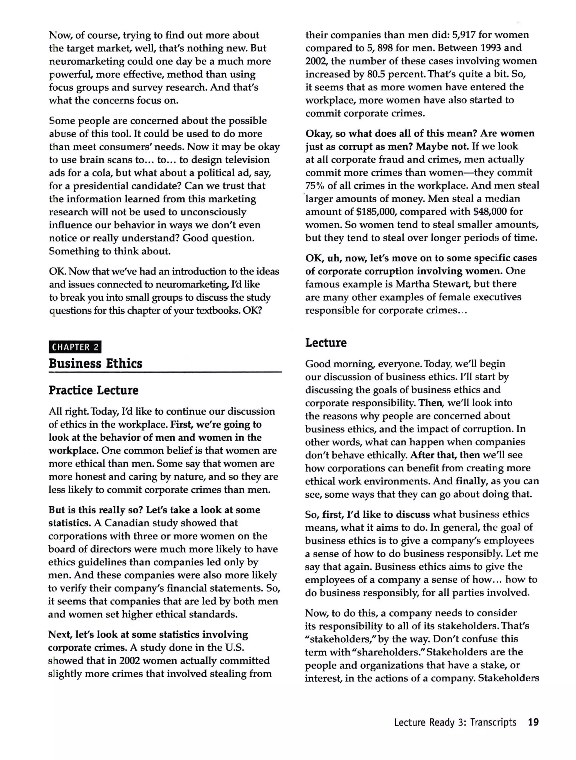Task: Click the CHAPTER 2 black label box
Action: (75, 347)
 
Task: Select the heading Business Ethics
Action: (96, 363)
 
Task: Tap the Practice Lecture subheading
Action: (93, 390)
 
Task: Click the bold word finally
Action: (471, 481)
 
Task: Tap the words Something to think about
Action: (110, 251)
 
